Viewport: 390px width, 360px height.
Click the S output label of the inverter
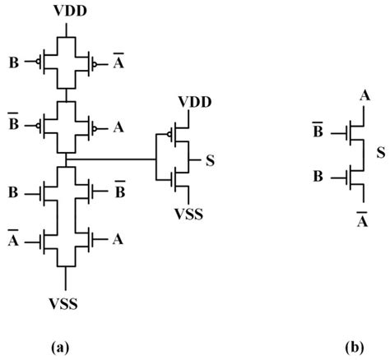pos(211,159)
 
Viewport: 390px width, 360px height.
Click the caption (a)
pos(58,347)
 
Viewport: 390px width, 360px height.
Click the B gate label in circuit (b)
pos(317,175)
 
